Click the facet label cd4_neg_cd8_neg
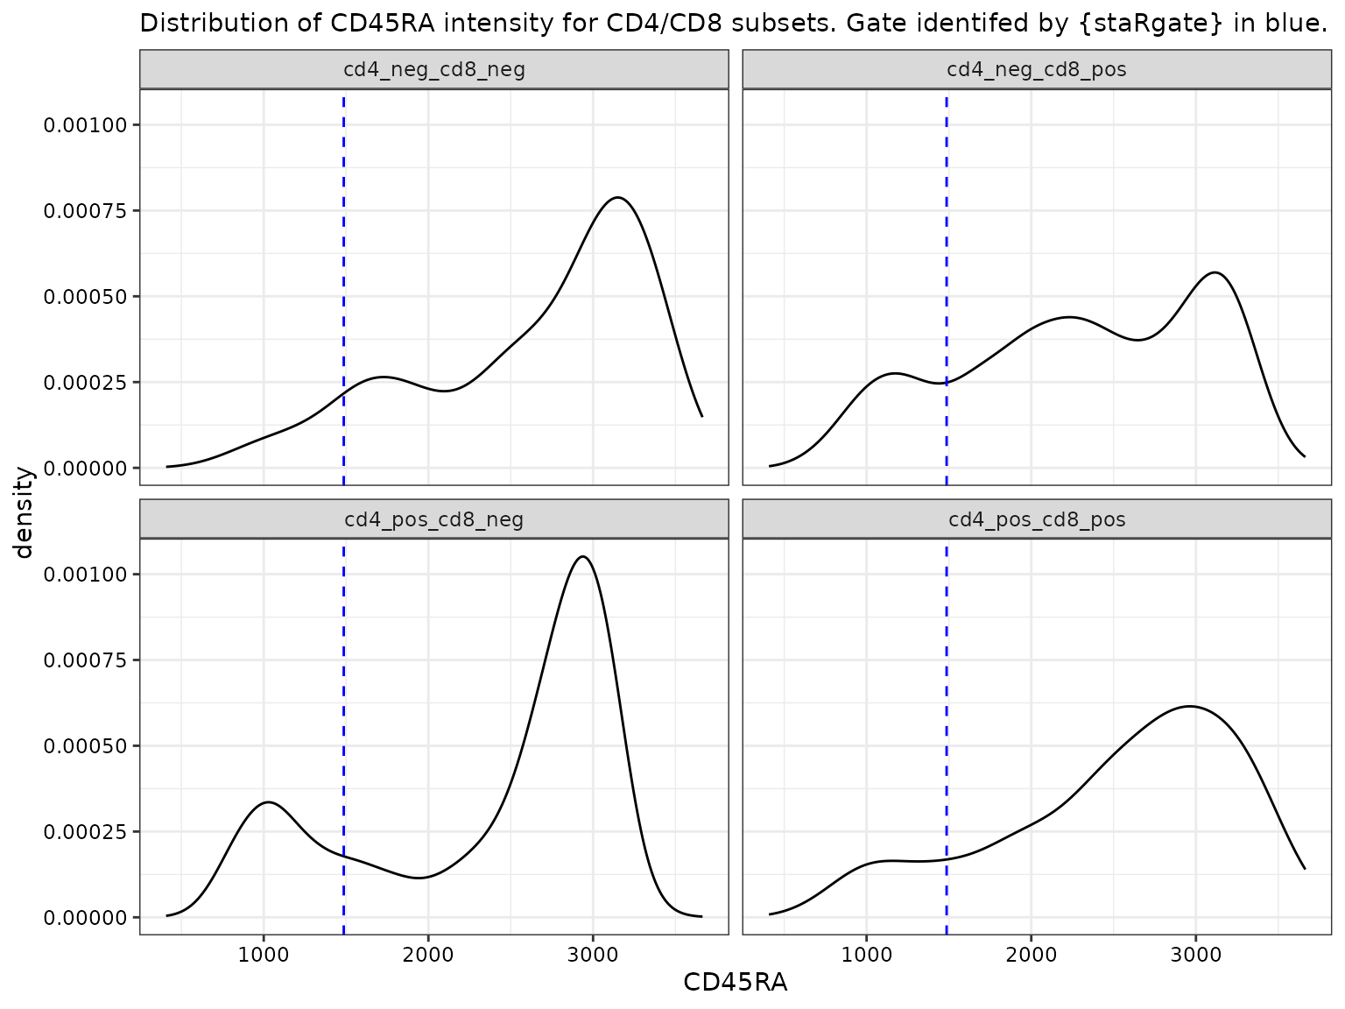click(434, 69)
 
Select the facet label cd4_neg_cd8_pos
click(1037, 69)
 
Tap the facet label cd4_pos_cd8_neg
click(434, 519)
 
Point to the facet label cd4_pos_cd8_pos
click(1037, 519)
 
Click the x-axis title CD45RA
click(736, 983)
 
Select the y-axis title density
click(24, 512)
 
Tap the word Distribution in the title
click(198, 24)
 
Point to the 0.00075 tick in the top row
click(86, 211)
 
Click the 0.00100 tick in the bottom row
click(86, 575)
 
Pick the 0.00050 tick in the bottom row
click(86, 746)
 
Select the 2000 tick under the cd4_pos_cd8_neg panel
click(428, 954)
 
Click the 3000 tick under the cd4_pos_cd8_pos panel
click(1196, 954)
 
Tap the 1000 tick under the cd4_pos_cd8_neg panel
click(264, 954)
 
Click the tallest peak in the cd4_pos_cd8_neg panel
click(583, 557)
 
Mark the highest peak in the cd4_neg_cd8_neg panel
click(619, 198)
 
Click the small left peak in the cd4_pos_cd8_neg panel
click(268, 802)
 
